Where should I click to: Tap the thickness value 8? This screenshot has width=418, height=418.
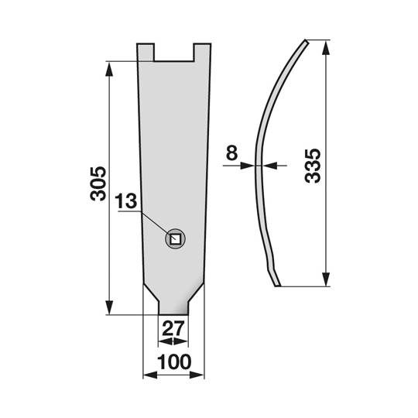tap(231, 153)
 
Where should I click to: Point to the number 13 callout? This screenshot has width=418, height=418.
tap(126, 201)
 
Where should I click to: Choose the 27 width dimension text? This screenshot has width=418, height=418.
tap(173, 328)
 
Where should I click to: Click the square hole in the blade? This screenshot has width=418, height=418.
tap(176, 239)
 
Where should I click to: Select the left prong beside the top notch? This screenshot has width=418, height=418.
tap(146, 53)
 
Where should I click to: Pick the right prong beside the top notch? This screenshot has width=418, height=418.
tap(201, 53)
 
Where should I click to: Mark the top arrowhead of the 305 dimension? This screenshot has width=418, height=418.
tap(109, 67)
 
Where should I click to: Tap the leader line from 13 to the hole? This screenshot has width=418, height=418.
tap(153, 222)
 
